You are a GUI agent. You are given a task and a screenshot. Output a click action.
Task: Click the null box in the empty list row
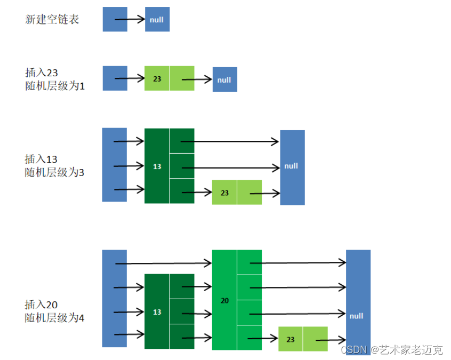(157, 20)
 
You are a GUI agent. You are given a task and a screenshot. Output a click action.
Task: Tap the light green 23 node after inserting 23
(157, 78)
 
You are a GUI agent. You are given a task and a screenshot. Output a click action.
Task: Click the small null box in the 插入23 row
(224, 79)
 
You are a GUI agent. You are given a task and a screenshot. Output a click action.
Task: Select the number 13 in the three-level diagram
(157, 166)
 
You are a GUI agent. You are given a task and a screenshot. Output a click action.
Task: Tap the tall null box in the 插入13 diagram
(292, 166)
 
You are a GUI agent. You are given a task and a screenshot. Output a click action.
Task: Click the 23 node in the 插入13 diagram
(225, 193)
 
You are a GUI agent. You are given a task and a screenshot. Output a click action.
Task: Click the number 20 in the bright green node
(224, 301)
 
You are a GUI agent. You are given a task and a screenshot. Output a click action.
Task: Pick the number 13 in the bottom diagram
(157, 311)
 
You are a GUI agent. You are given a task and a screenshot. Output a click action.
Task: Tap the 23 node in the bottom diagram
(291, 339)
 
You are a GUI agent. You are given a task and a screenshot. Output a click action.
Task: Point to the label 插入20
(42, 305)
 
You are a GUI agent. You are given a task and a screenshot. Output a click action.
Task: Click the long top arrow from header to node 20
(163, 263)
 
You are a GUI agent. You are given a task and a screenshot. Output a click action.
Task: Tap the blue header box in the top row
(115, 20)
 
